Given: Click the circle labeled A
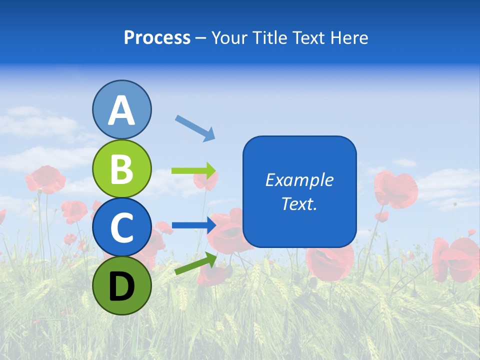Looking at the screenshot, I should (121, 109).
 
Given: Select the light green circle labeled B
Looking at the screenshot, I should (121, 168).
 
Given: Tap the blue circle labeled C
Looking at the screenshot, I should (121, 227).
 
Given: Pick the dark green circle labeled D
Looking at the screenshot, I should (121, 285).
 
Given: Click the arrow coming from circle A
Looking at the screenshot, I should (195, 127).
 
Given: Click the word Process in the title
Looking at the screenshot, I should (157, 38).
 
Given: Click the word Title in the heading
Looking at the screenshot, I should (267, 38).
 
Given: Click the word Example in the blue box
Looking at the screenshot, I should (299, 180).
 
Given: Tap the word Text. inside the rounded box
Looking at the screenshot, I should (299, 203).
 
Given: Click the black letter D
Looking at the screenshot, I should (121, 286).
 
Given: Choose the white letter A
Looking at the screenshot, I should (121, 110).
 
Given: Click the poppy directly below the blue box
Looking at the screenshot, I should (329, 262).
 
